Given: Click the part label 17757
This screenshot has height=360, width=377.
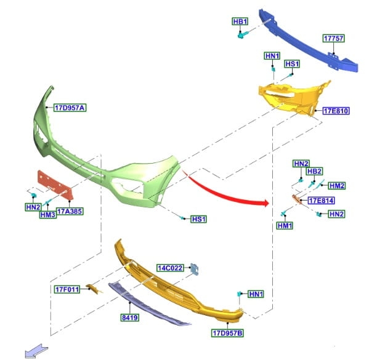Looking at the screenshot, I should (333, 38).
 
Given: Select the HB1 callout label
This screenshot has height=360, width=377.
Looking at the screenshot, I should (240, 22).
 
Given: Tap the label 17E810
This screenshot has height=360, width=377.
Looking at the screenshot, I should (336, 111).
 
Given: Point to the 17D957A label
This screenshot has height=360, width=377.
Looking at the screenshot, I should (69, 108).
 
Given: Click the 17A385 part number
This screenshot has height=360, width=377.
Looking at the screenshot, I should (70, 212).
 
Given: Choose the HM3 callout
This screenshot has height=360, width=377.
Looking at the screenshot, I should (48, 215).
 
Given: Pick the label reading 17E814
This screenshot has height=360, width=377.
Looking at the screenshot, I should (320, 201).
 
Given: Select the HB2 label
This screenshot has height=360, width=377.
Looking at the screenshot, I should (315, 171).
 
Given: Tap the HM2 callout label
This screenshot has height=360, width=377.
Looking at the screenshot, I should (337, 186).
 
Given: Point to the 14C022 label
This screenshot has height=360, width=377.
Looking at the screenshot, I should (169, 268).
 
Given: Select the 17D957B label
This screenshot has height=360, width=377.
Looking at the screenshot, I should (227, 334).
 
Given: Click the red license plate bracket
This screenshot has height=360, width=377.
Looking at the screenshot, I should (54, 185).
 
